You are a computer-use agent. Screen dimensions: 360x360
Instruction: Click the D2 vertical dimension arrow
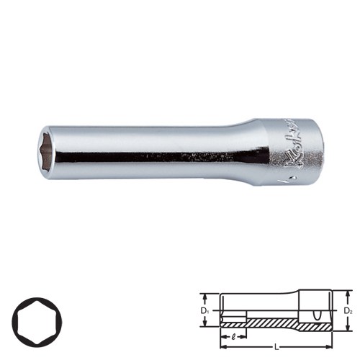(x=343, y=311)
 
